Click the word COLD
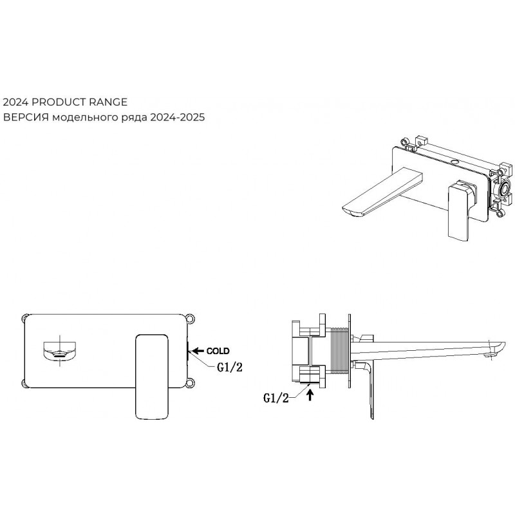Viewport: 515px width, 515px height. pos(218,351)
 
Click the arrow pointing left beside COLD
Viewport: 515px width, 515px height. pos(198,351)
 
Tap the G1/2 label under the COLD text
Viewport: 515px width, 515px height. pos(230,367)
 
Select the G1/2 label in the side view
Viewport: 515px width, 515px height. pos(276,398)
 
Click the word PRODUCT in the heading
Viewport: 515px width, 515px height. pos(59,102)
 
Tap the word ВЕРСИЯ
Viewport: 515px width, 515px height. pos(26,117)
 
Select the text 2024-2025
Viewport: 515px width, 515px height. pos(178,117)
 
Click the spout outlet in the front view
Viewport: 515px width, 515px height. pos(60,351)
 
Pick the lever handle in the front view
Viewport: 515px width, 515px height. pos(152,377)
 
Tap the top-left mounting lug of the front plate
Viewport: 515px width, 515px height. pos(25,318)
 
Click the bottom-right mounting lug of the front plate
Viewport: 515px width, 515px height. pos(190,383)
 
